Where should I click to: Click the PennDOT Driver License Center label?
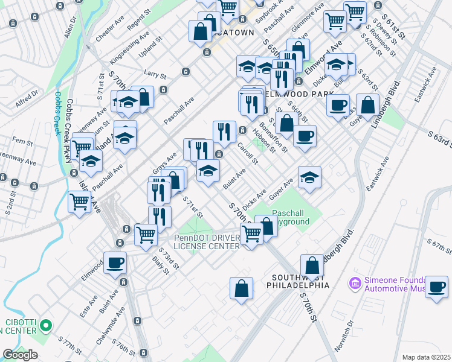point(207,241)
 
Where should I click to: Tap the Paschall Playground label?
point(291,217)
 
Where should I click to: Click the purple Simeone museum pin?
point(355,282)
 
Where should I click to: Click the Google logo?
point(20,355)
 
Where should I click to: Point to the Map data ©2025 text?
point(427,357)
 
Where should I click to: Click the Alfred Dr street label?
point(27,98)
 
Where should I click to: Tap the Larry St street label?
point(155,75)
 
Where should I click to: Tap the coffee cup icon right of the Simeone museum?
point(436,287)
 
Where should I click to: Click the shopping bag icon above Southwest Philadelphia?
point(312,265)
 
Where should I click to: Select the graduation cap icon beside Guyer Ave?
point(309,177)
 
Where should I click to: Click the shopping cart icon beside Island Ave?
point(80,202)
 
